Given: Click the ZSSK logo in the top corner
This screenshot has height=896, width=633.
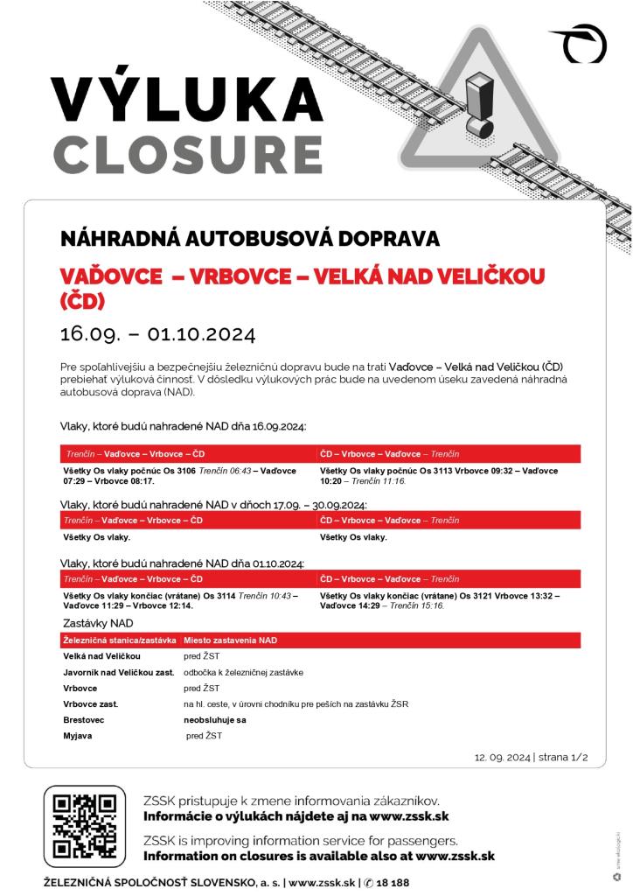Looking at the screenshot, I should coord(581,44).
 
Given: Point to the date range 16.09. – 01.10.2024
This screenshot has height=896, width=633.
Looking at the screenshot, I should coord(157,334).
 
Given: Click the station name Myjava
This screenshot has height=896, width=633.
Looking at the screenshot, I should coord(78,736).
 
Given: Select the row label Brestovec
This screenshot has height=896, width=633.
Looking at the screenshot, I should coord(84,719).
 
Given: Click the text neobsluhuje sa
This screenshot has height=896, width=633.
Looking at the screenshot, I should coord(215,719).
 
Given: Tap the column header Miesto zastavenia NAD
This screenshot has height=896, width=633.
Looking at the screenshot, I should coord(230,640).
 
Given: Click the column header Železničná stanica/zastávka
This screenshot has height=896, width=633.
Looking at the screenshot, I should coord(120,640).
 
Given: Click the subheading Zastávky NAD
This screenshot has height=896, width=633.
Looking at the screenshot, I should coord(99,623).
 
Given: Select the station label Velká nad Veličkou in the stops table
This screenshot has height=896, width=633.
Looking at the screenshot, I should coord(102,656).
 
